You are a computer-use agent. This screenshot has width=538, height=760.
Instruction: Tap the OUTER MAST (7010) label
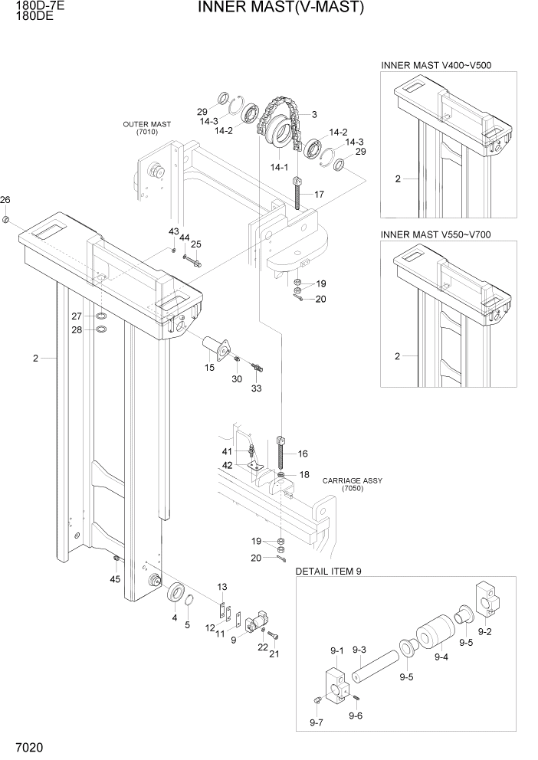(x=146, y=128)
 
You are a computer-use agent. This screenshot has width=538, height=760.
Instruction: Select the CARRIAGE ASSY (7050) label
(x=352, y=484)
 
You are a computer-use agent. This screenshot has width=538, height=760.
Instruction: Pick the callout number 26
(x=5, y=201)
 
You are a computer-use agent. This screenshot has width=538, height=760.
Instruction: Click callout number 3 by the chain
(x=313, y=115)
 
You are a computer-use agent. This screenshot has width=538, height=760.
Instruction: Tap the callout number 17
(x=319, y=195)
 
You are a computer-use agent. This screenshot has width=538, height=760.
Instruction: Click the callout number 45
(x=115, y=579)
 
